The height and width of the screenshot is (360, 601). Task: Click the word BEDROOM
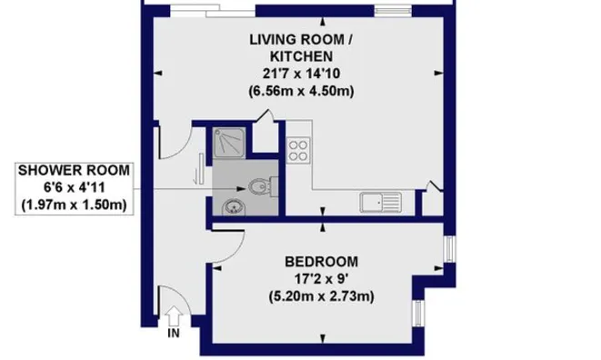click(x=321, y=262)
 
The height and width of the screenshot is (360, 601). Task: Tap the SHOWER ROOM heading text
click(x=74, y=171)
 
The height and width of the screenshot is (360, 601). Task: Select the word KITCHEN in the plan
click(x=301, y=56)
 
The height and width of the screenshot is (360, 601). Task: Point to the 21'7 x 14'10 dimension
click(x=301, y=74)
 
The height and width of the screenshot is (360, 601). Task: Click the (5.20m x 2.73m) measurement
click(x=321, y=296)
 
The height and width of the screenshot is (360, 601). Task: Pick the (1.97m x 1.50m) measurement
click(x=74, y=205)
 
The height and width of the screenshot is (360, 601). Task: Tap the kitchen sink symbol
click(x=381, y=202)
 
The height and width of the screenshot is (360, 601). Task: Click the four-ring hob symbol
click(x=298, y=151)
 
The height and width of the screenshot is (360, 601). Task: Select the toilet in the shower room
click(x=264, y=186)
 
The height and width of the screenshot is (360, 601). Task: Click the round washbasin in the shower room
click(x=233, y=207)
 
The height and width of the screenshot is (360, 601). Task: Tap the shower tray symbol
click(x=229, y=143)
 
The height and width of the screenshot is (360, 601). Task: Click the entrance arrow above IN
click(x=174, y=316)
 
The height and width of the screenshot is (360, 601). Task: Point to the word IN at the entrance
click(x=174, y=334)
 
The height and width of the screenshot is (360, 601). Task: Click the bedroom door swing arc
click(x=238, y=251)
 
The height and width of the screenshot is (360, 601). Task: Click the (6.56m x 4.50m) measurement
click(x=301, y=91)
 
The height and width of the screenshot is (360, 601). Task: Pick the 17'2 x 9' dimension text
click(x=321, y=279)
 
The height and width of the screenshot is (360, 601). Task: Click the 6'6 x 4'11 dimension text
click(x=74, y=188)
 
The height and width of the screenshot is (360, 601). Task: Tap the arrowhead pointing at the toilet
click(x=241, y=188)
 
